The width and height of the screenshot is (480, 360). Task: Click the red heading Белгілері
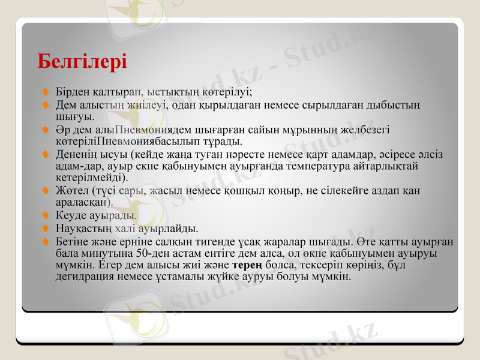point(82,61)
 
